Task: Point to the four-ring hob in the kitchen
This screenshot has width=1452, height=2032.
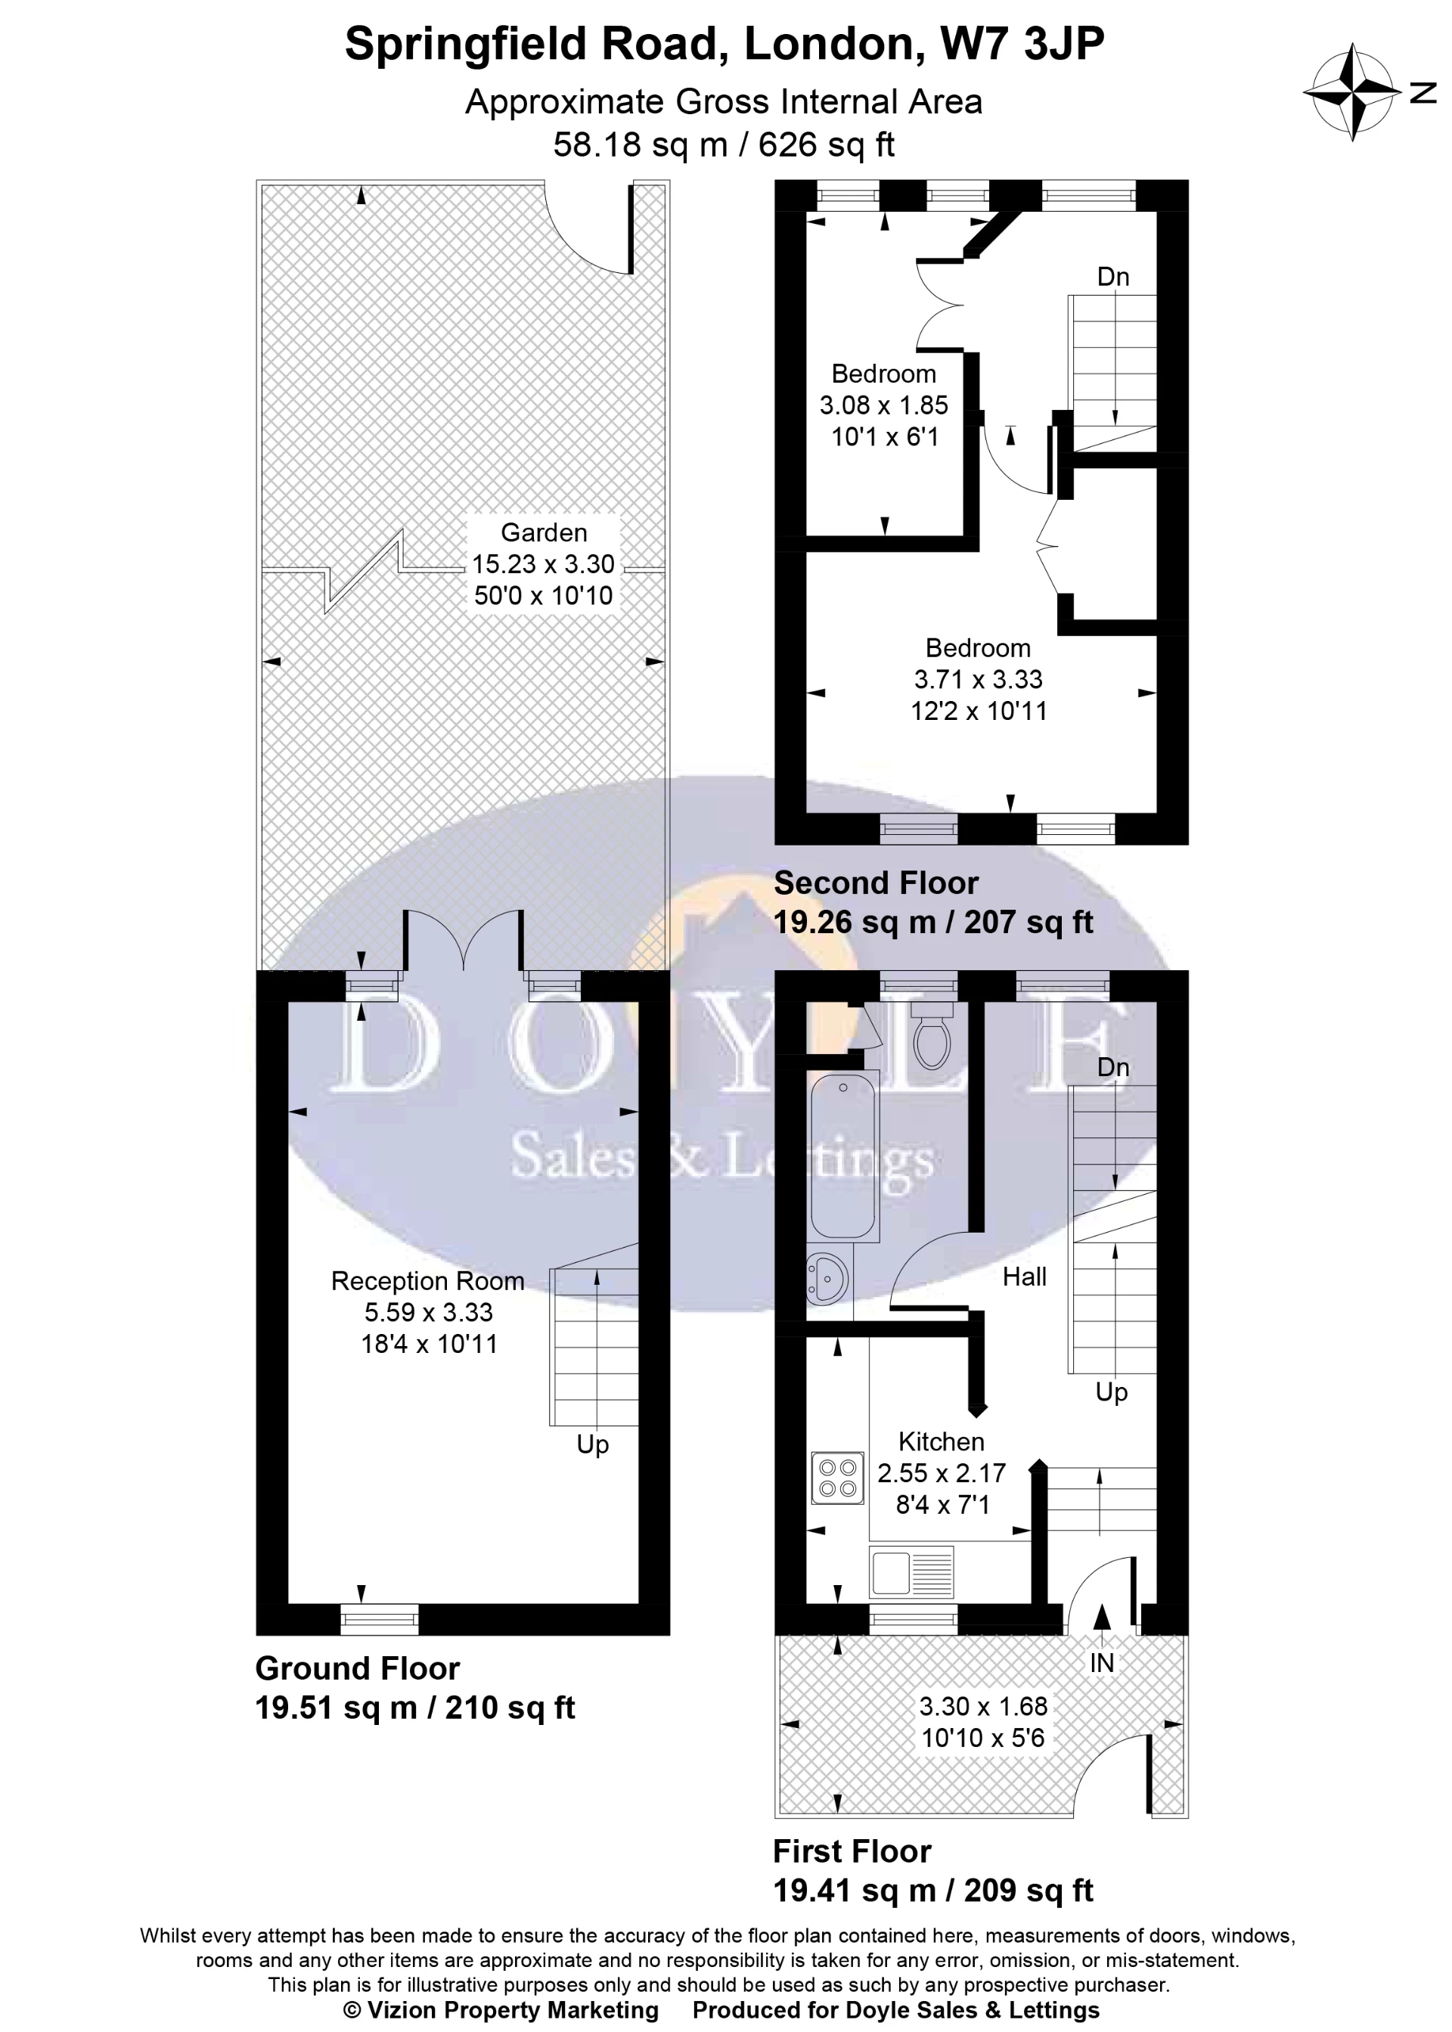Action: point(838,1478)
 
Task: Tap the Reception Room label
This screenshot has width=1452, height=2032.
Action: point(427,1281)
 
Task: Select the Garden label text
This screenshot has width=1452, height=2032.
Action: point(544,533)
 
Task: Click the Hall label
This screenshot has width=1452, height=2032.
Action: point(1024,1277)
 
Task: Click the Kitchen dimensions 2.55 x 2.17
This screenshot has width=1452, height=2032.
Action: point(941,1472)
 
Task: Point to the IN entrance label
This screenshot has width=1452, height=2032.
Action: point(1102,1663)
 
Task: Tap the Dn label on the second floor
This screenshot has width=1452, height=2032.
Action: point(1113,277)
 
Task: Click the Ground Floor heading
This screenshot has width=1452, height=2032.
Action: point(358,1668)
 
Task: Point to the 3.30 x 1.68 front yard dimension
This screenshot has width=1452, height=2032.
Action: point(982,1706)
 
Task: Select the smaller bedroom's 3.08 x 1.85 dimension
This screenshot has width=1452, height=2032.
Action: point(883,405)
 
